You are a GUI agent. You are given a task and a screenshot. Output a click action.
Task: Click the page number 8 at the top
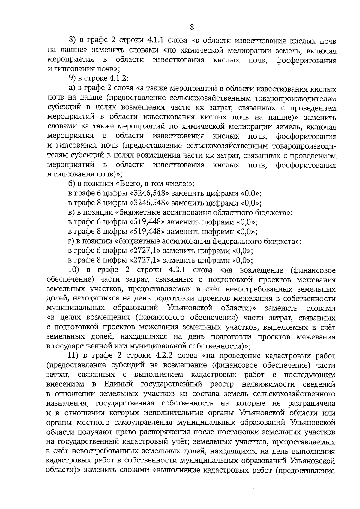pyautogui.click(x=192, y=28)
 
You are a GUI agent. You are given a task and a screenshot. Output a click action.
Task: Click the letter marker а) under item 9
pyautogui.click(x=72, y=89)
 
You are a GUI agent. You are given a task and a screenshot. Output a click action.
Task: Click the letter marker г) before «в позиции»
pyautogui.click(x=71, y=241)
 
